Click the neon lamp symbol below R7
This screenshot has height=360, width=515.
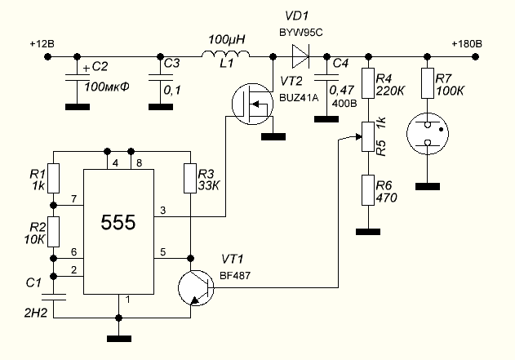tap(428, 137)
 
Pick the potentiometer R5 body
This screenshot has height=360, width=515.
tap(368, 136)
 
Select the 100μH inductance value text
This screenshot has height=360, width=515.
tap(226, 39)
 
